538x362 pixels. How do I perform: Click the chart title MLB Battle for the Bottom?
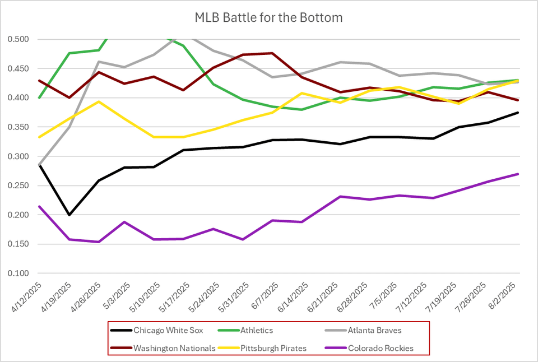point(268,17)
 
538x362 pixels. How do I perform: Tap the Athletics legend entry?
point(262,331)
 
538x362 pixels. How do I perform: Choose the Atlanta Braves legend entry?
point(373,331)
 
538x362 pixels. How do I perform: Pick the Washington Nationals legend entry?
point(174,348)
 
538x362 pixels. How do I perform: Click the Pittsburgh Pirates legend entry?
point(273,348)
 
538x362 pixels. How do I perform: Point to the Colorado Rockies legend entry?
point(381,348)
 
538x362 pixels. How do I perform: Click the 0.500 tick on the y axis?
point(19,39)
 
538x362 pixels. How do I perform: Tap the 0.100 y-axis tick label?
point(19,273)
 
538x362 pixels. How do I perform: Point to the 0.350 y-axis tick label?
point(19,127)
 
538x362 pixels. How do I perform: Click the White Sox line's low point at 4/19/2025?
point(69,215)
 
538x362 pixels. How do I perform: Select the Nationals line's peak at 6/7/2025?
point(272,53)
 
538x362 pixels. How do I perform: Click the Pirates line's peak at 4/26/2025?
point(99,101)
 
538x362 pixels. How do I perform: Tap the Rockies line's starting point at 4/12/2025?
point(39,206)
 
